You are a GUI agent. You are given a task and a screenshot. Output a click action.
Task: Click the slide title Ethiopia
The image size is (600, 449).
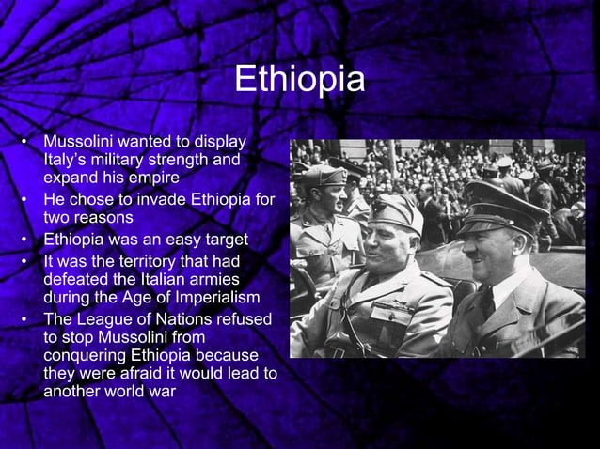tap(299, 80)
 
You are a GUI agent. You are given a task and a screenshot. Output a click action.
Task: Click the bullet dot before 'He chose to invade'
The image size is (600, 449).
tap(22, 200)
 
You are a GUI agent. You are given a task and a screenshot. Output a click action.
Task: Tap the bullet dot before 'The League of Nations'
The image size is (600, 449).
tap(22, 319)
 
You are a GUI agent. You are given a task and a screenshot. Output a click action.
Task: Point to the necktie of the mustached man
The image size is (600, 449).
tap(486, 302)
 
